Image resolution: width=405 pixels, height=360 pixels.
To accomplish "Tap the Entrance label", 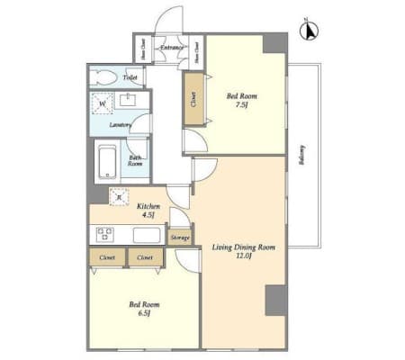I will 172,47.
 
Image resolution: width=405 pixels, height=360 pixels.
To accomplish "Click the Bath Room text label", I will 135,162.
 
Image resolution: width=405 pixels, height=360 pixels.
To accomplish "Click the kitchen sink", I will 147,236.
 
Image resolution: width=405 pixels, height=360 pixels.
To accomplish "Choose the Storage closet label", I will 179,238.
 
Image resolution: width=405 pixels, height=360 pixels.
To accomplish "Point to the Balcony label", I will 301,157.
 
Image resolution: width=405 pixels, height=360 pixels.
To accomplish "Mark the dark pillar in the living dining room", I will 275,300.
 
